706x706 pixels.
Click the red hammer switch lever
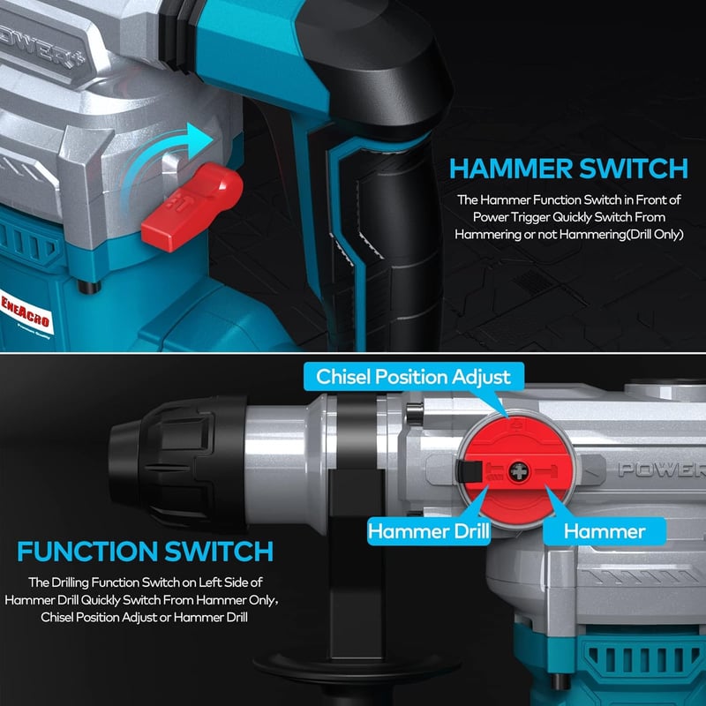pyautogui.click(x=192, y=207)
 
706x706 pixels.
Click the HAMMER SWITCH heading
pyautogui.click(x=568, y=169)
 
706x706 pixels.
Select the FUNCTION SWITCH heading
pyautogui.click(x=145, y=551)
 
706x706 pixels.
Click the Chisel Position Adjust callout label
pyautogui.click(x=413, y=377)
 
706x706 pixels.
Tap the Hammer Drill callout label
pyautogui.click(x=428, y=531)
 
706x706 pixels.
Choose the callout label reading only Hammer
pyautogui.click(x=605, y=531)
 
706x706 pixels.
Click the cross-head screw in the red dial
pyautogui.click(x=519, y=472)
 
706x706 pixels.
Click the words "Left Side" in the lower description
pyautogui.click(x=224, y=582)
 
